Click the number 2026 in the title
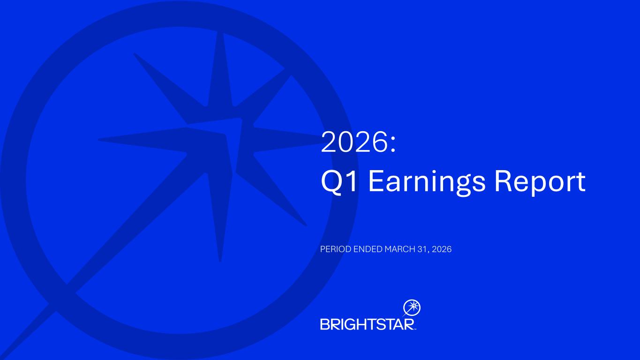click(353, 142)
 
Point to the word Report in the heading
click(540, 182)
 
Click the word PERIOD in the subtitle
click(335, 249)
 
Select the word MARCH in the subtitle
click(400, 249)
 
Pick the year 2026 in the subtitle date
click(442, 249)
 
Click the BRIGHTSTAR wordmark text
click(368, 324)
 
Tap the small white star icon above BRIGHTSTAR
click(412, 308)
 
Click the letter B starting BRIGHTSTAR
click(325, 324)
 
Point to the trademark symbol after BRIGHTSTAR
click(415, 329)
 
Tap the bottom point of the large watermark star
click(220, 260)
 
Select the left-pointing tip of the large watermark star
click(99, 140)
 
